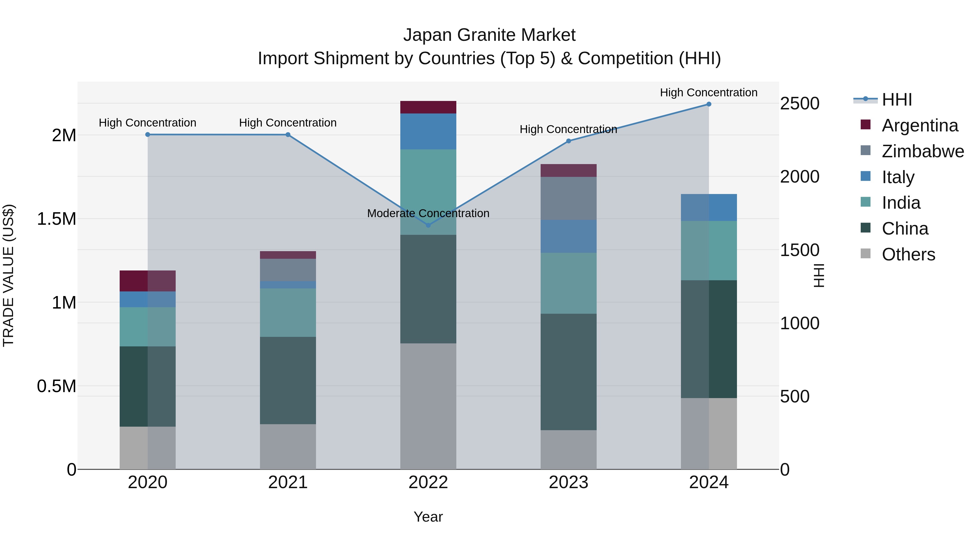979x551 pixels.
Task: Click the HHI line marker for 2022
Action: [428, 225]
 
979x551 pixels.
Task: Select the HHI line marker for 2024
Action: [709, 104]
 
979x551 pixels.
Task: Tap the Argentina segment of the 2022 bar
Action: [428, 107]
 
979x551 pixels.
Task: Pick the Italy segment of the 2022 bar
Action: [428, 131]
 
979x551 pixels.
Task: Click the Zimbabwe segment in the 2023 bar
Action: [569, 198]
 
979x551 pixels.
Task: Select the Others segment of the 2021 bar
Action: [288, 447]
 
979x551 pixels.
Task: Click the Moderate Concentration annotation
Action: [428, 213]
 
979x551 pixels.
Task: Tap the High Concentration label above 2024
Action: [709, 93]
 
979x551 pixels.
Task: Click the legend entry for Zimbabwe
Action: [922, 151]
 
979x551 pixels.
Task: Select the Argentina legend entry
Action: [920, 125]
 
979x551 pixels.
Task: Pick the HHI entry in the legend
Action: [897, 100]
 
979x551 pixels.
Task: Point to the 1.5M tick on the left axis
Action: [57, 219]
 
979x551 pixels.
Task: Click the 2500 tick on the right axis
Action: [800, 103]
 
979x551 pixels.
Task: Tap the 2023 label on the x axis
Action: [569, 482]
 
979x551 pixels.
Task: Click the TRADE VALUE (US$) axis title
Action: [9, 275]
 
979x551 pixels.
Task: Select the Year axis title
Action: [428, 517]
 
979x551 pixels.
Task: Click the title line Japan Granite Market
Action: [489, 35]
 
